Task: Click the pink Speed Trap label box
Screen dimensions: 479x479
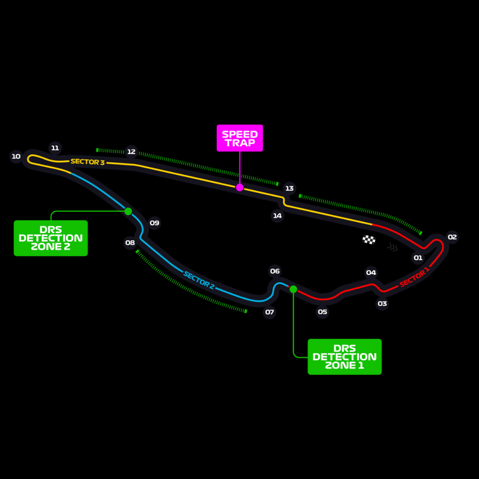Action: (239, 138)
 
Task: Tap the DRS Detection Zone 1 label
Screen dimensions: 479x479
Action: (345, 357)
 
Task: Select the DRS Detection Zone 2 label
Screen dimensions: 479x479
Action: (51, 238)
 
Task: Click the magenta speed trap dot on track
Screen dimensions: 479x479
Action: (239, 188)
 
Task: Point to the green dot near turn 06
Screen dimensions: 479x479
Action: (293, 289)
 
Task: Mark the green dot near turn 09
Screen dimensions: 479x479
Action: (128, 211)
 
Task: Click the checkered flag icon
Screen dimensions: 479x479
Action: (369, 239)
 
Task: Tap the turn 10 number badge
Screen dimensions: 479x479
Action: (16, 157)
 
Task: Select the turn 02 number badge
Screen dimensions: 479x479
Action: (452, 237)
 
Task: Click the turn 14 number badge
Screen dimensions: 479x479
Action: (277, 216)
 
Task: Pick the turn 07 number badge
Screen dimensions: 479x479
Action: (270, 312)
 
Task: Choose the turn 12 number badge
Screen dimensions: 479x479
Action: (131, 152)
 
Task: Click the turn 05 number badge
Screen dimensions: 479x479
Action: (322, 312)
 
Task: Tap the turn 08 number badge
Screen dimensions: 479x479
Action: (130, 243)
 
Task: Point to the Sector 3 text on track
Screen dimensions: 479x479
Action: (87, 162)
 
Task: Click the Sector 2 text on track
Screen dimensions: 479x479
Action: (199, 281)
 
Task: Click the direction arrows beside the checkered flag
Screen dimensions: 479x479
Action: (393, 247)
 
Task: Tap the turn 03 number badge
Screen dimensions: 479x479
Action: (382, 304)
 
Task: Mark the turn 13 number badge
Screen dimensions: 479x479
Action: (289, 188)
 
